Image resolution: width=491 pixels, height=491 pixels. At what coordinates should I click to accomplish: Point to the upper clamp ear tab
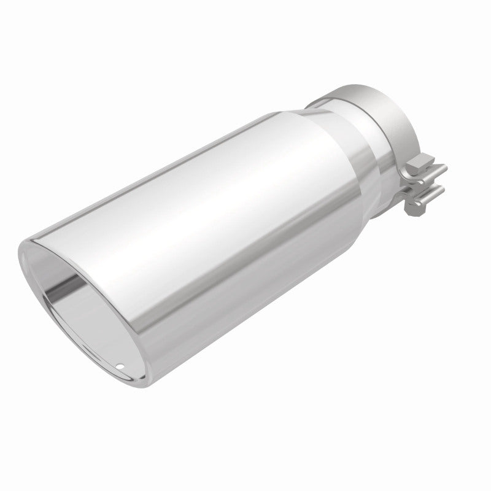point(435,171)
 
